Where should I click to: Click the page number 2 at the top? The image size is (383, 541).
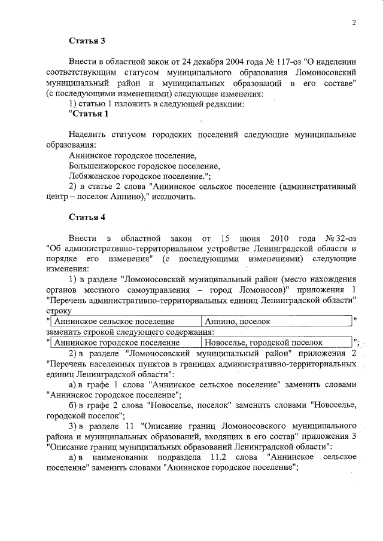click(354, 23)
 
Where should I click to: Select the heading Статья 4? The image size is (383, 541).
click(87, 216)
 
